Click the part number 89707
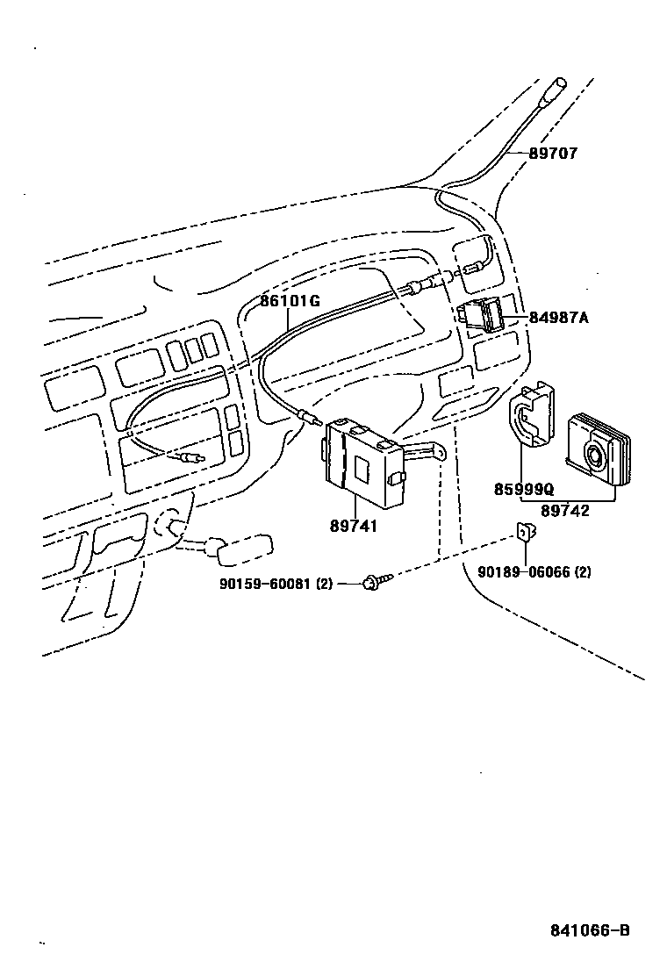tap(553, 154)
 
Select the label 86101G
tap(290, 301)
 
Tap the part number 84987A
tap(558, 317)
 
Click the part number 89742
tap(564, 511)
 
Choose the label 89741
tap(354, 526)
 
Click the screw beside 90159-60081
tap(373, 580)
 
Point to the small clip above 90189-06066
tap(527, 530)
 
